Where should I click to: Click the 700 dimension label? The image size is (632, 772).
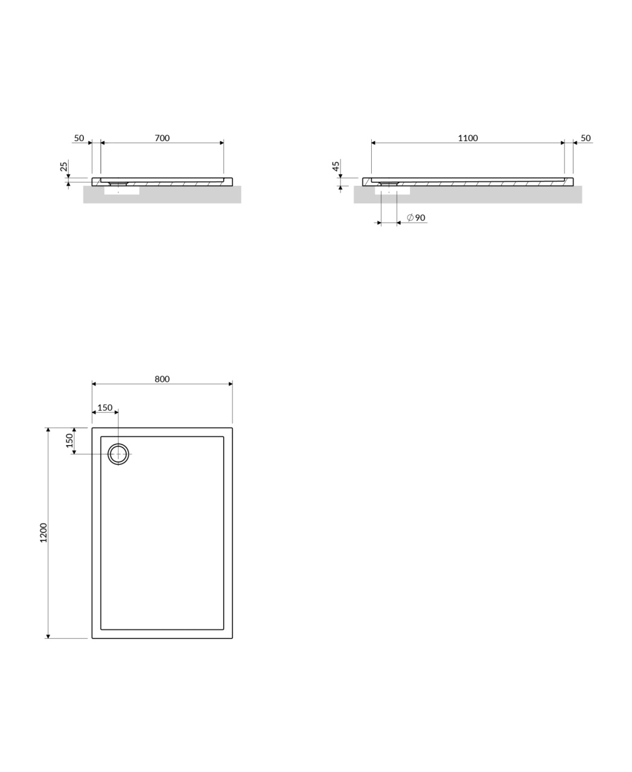click(x=162, y=138)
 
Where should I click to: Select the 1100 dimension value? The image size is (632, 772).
click(x=468, y=138)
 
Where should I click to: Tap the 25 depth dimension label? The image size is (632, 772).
click(x=64, y=166)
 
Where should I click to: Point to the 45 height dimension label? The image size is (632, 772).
click(x=336, y=166)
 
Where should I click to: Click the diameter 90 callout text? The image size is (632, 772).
click(x=417, y=218)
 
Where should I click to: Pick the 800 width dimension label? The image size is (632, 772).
click(x=162, y=379)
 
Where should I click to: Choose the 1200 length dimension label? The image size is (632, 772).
click(x=43, y=533)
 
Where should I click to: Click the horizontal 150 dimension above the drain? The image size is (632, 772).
click(x=105, y=408)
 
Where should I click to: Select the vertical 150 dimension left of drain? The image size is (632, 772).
click(x=69, y=440)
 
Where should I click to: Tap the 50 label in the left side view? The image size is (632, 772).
click(x=79, y=138)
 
